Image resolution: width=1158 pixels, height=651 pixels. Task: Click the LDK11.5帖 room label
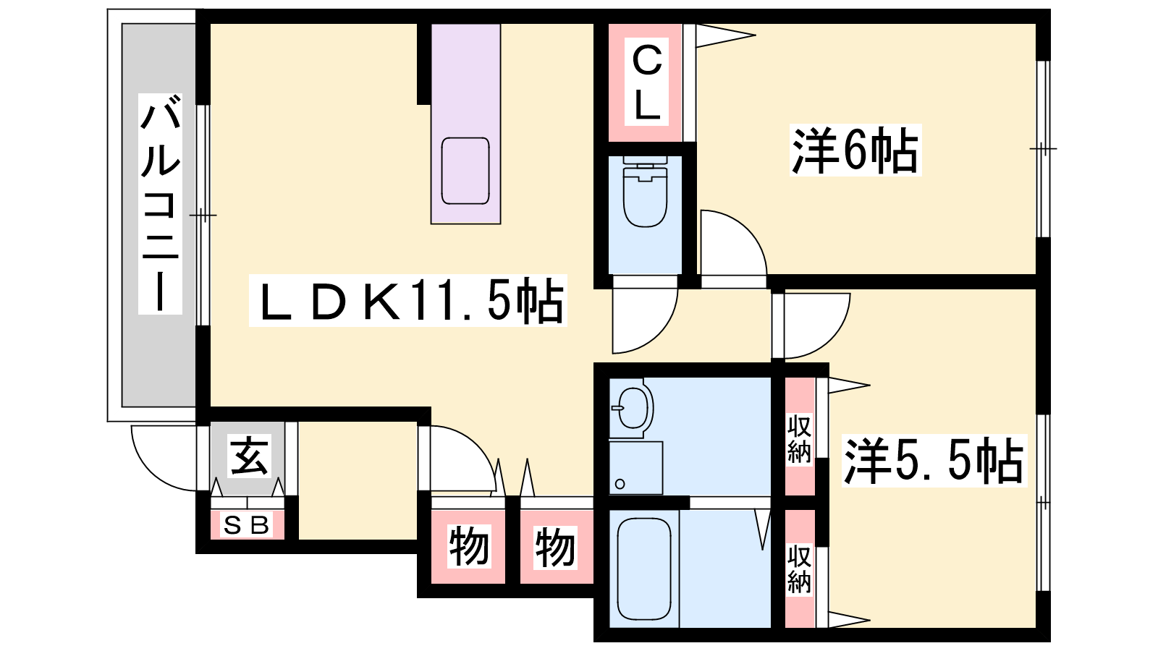tap(408, 301)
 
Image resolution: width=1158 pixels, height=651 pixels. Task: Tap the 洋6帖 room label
tap(855, 150)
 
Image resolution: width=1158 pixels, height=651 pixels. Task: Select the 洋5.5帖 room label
tap(934, 461)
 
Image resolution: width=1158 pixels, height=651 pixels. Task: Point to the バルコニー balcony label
tap(160, 203)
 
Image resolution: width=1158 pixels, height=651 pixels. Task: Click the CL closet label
tap(646, 82)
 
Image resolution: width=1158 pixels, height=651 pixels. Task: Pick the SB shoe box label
tap(247, 525)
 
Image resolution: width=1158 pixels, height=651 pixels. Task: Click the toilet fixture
tap(645, 192)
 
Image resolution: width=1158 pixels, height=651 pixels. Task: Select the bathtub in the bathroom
tap(644, 569)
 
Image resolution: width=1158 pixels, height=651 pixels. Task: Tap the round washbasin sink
tap(633, 408)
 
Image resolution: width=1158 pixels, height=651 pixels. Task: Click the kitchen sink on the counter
tap(465, 171)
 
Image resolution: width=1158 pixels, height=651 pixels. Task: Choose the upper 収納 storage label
tap(799, 438)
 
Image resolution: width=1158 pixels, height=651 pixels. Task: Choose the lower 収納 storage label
tap(799, 570)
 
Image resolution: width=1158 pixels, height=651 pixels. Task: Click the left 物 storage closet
tap(468, 547)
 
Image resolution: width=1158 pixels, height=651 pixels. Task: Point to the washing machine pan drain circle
tap(620, 484)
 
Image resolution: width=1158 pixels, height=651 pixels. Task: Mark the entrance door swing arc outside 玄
tap(150, 473)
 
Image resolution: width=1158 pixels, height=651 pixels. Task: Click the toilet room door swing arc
tap(659, 336)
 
